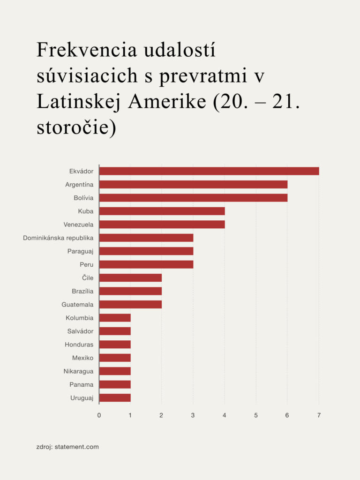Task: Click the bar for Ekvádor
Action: click(209, 171)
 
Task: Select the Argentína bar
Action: click(193, 185)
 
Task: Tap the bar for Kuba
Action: click(162, 211)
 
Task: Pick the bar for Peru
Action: click(146, 264)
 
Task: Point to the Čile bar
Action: click(130, 277)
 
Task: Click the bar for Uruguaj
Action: click(115, 398)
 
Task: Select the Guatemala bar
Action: click(130, 304)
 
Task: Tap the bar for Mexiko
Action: click(115, 358)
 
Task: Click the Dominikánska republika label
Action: click(58, 238)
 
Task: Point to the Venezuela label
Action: click(78, 225)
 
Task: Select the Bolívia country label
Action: click(83, 198)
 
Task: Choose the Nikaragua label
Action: click(78, 371)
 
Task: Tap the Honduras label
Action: click(79, 345)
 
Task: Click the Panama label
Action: click(81, 384)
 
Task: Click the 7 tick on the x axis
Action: click(319, 415)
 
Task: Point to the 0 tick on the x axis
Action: click(99, 415)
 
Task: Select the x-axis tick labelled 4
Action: click(225, 415)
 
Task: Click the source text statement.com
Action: click(77, 447)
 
